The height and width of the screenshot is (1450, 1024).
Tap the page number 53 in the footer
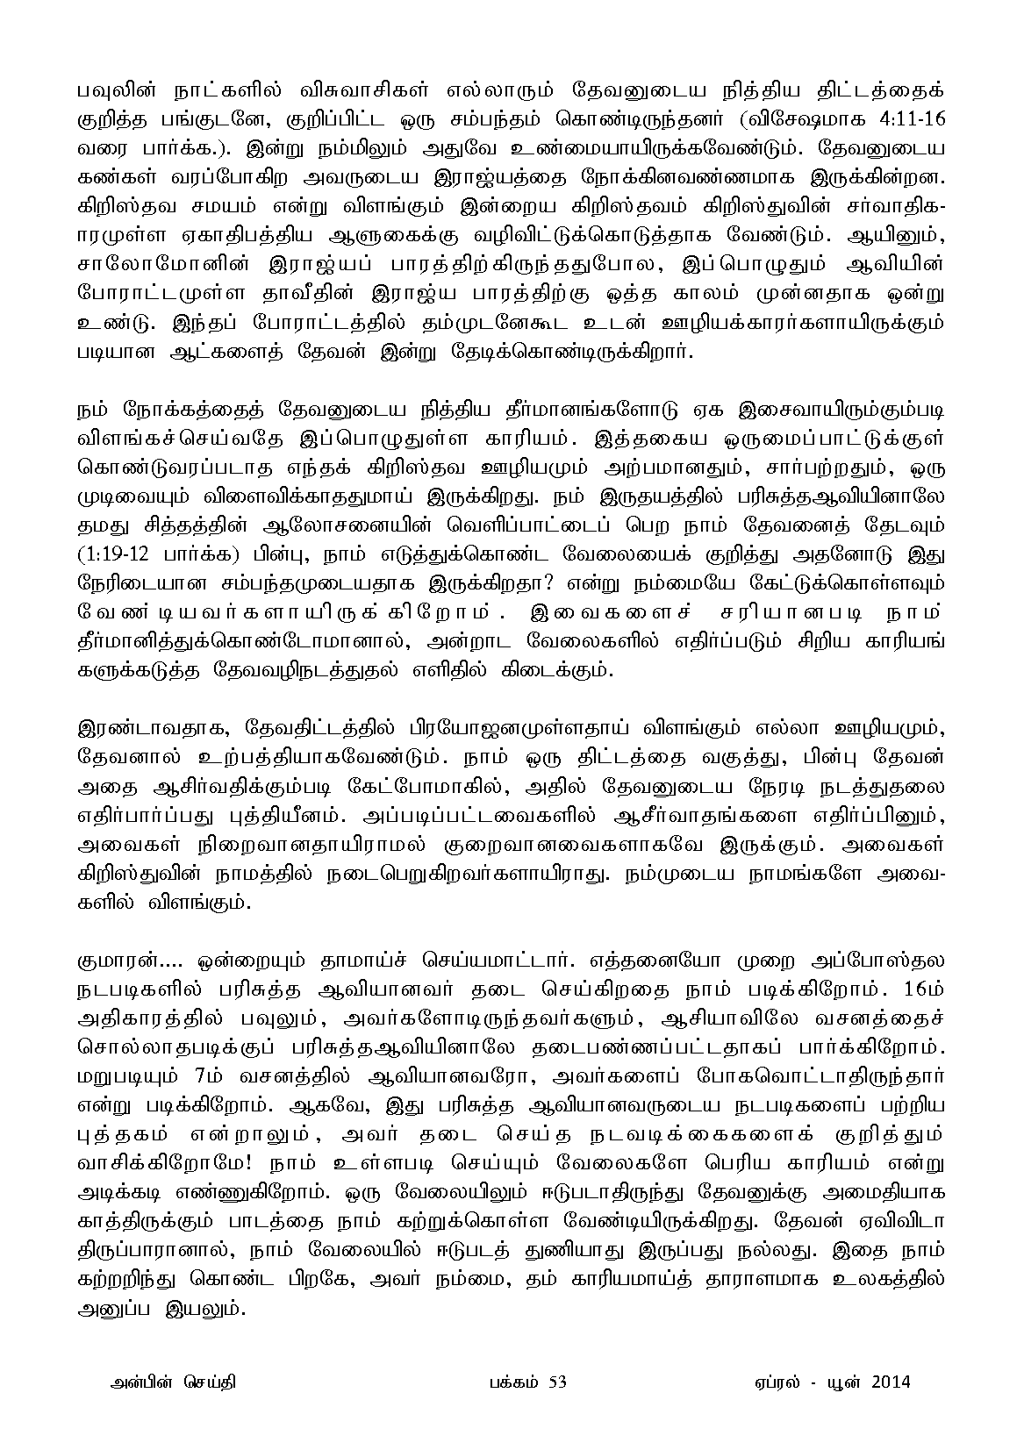tap(557, 1382)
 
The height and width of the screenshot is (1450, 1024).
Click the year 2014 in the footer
tap(892, 1382)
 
